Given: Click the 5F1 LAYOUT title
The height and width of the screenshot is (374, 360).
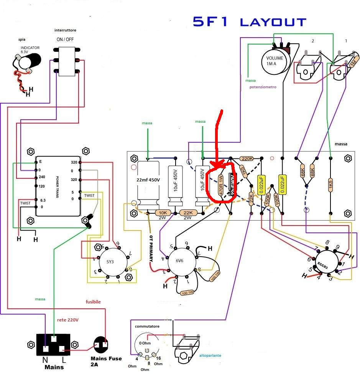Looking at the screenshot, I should [250, 22].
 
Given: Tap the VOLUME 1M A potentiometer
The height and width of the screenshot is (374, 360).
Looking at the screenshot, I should [275, 61].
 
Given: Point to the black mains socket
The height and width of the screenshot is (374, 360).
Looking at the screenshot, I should [54, 344].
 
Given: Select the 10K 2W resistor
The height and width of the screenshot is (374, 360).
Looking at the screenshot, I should [163, 213].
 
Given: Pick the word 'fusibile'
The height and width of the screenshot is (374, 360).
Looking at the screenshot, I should [93, 302].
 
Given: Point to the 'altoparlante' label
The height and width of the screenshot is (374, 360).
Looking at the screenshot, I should [210, 356].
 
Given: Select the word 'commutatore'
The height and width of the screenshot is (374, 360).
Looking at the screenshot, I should [147, 326].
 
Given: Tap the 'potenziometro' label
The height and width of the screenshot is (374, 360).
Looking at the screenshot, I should [263, 87].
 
